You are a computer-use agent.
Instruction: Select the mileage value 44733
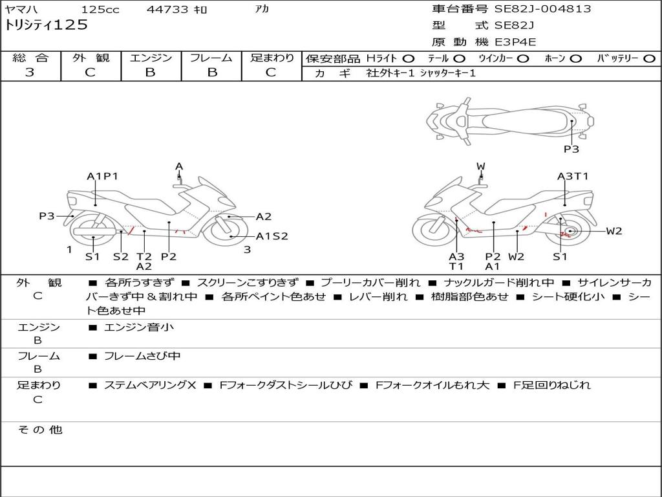pos(167,10)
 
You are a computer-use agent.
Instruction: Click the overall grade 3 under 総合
pos(30,72)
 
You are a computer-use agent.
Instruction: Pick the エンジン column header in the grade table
pos(151,58)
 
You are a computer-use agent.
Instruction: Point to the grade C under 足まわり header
pos(271,72)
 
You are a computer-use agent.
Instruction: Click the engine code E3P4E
pos(516,42)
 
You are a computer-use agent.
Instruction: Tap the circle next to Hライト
pos(409,58)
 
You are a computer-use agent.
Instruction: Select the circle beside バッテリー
pos(649,58)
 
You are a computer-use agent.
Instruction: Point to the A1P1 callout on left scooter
pos(102,176)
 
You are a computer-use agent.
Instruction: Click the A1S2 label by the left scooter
pos(272,236)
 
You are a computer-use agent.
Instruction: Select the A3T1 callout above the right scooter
pos(573,176)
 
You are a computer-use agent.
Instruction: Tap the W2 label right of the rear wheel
pos(614,231)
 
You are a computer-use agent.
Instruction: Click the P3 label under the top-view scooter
pos(571,149)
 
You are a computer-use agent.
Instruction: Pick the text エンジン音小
pos(139,327)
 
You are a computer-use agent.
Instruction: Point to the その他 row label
pos(39,430)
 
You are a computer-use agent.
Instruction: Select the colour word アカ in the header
pos(262,10)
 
